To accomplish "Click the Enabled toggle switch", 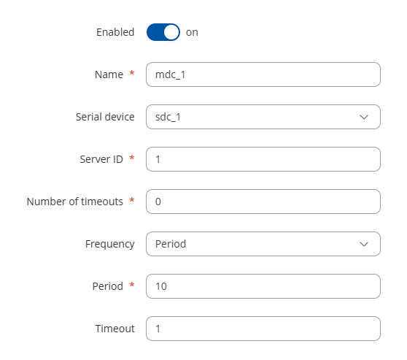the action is tap(163, 32).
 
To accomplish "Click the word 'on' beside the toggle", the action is tap(192, 32).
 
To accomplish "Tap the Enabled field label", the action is tap(115, 32).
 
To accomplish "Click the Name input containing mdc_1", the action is tap(263, 74).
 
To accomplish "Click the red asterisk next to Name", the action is tap(132, 73).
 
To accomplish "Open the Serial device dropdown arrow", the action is tap(364, 118).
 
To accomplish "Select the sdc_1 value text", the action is tap(168, 118).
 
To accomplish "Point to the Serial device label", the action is tap(105, 117).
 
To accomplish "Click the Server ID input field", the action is tap(263, 159).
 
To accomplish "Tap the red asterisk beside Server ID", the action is tap(132, 158).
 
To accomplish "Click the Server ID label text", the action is tap(101, 159).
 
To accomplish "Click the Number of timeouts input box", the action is tap(263, 202).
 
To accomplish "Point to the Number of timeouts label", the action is tap(75, 202).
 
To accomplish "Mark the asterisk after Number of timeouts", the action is tap(132, 200).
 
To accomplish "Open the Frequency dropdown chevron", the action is tap(364, 245).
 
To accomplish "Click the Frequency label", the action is tap(110, 245).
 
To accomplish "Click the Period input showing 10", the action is tap(263, 286).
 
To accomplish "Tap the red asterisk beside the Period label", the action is tap(132, 285).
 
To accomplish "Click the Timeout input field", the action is tap(263, 329).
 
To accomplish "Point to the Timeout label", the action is tap(115, 329).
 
